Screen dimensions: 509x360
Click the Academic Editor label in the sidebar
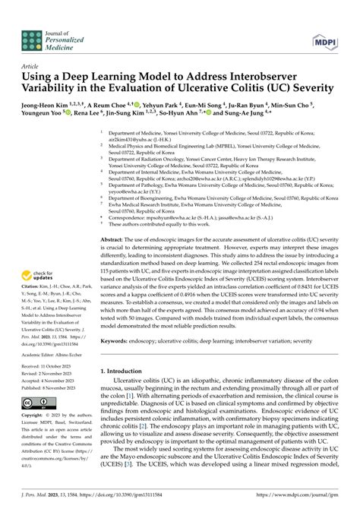coord(36,354)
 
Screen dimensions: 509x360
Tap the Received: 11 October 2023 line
coord(45,368)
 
